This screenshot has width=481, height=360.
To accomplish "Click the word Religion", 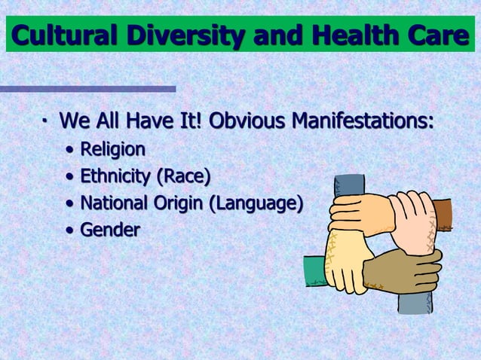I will (x=113, y=149).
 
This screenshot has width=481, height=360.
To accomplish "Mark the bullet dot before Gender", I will (x=69, y=230).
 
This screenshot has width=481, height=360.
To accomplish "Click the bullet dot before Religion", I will (x=69, y=150).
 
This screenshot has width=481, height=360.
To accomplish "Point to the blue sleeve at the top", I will (x=349, y=185).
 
